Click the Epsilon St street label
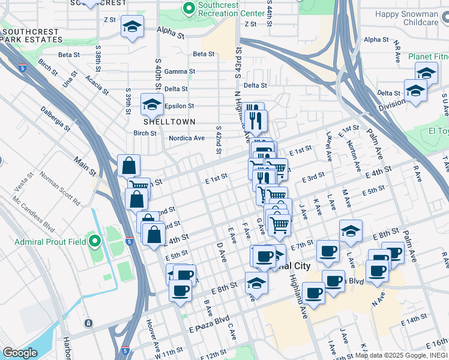(179, 106)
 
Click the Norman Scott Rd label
(59, 189)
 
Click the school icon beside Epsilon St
(152, 104)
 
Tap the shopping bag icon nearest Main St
(129, 166)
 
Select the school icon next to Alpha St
(133, 27)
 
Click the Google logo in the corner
(19, 353)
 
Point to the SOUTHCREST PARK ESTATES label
(31, 35)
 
